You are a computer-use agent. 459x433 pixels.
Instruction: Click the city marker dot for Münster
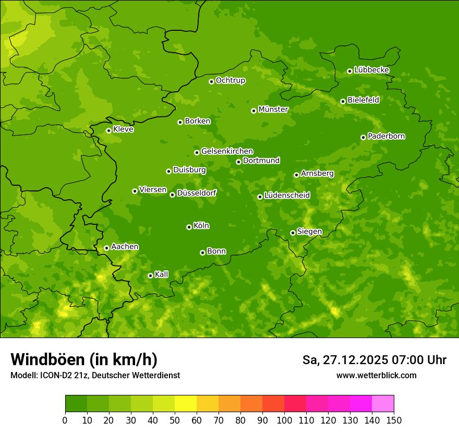tap(253, 111)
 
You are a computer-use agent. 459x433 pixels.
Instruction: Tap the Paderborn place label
tap(386, 136)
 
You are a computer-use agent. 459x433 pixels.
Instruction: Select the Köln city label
tap(201, 226)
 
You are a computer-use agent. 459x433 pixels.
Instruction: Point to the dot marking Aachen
tap(106, 248)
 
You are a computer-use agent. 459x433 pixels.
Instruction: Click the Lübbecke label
tap(371, 70)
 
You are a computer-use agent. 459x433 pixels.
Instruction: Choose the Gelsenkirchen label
tap(227, 151)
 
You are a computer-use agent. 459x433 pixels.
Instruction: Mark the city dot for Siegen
tap(293, 233)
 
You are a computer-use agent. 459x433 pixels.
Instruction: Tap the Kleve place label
tap(123, 129)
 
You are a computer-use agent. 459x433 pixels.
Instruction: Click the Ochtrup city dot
tap(211, 81)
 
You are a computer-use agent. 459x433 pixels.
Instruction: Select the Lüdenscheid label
tap(287, 196)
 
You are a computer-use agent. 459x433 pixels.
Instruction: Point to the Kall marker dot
tap(150, 275)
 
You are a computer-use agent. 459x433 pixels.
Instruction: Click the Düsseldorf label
tap(196, 193)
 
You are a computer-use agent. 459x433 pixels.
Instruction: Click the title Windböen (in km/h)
tap(84, 359)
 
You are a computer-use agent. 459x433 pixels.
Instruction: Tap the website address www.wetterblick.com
tap(376, 375)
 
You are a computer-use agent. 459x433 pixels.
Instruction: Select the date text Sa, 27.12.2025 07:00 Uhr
tap(374, 360)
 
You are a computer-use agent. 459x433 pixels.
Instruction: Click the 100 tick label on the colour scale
tap(284, 420)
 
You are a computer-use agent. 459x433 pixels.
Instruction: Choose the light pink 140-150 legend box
tap(382, 403)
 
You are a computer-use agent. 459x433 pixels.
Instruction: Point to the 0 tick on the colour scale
tap(65, 420)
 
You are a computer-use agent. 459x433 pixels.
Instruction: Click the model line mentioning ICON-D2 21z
tap(95, 375)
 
